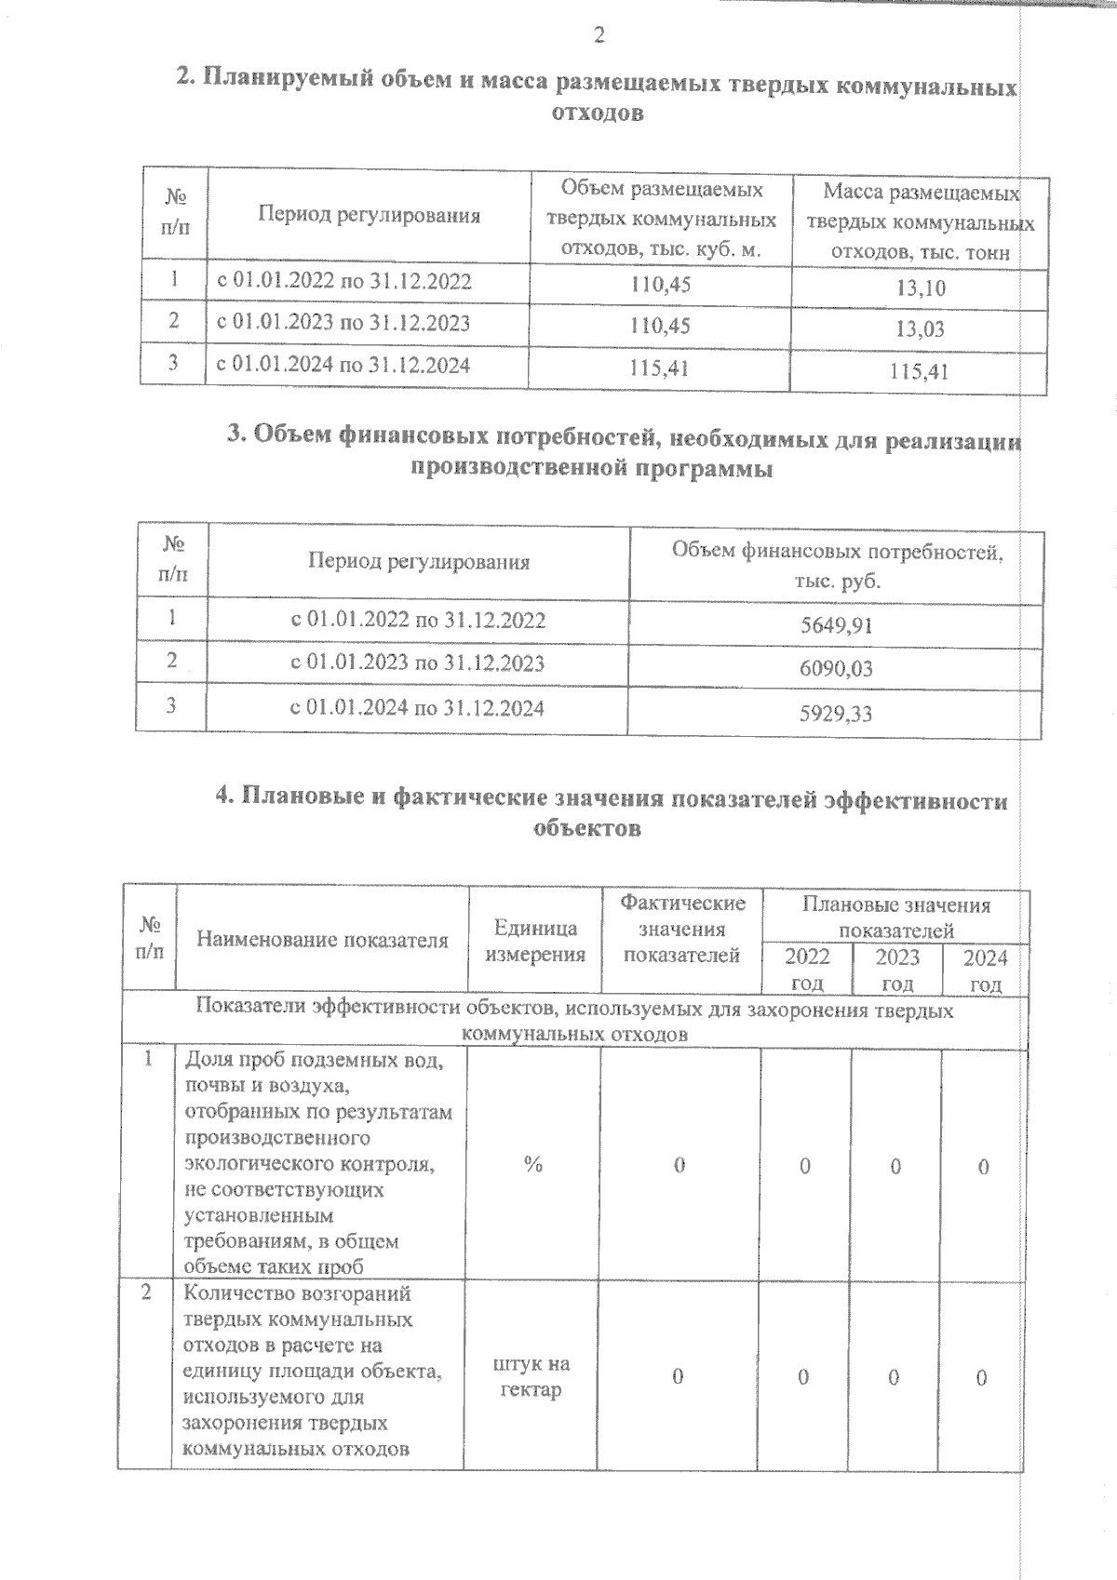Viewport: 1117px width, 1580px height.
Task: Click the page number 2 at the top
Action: click(599, 36)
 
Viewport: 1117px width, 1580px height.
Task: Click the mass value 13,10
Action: click(921, 288)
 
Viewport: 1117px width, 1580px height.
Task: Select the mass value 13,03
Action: click(921, 329)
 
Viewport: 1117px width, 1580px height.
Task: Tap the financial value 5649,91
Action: click(837, 626)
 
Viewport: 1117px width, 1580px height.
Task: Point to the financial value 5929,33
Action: click(837, 715)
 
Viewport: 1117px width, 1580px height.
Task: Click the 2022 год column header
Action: click(806, 970)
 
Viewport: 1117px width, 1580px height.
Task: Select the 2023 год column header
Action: click(897, 970)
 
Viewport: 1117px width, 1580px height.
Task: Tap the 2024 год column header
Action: click(985, 970)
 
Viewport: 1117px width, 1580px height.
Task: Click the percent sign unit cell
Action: click(532, 1165)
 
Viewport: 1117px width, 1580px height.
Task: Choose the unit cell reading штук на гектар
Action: click(532, 1377)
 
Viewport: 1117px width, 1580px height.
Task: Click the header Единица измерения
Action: click(535, 941)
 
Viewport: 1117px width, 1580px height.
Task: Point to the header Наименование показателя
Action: click(322, 940)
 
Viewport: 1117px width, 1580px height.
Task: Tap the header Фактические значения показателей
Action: click(682, 929)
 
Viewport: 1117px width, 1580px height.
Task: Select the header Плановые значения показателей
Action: click(896, 917)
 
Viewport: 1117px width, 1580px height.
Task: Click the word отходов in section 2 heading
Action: click(597, 114)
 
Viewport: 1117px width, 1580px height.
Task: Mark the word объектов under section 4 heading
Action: click(587, 828)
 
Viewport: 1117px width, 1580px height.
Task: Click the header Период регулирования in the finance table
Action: click(419, 562)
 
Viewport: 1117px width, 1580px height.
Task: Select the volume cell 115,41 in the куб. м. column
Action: click(659, 368)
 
